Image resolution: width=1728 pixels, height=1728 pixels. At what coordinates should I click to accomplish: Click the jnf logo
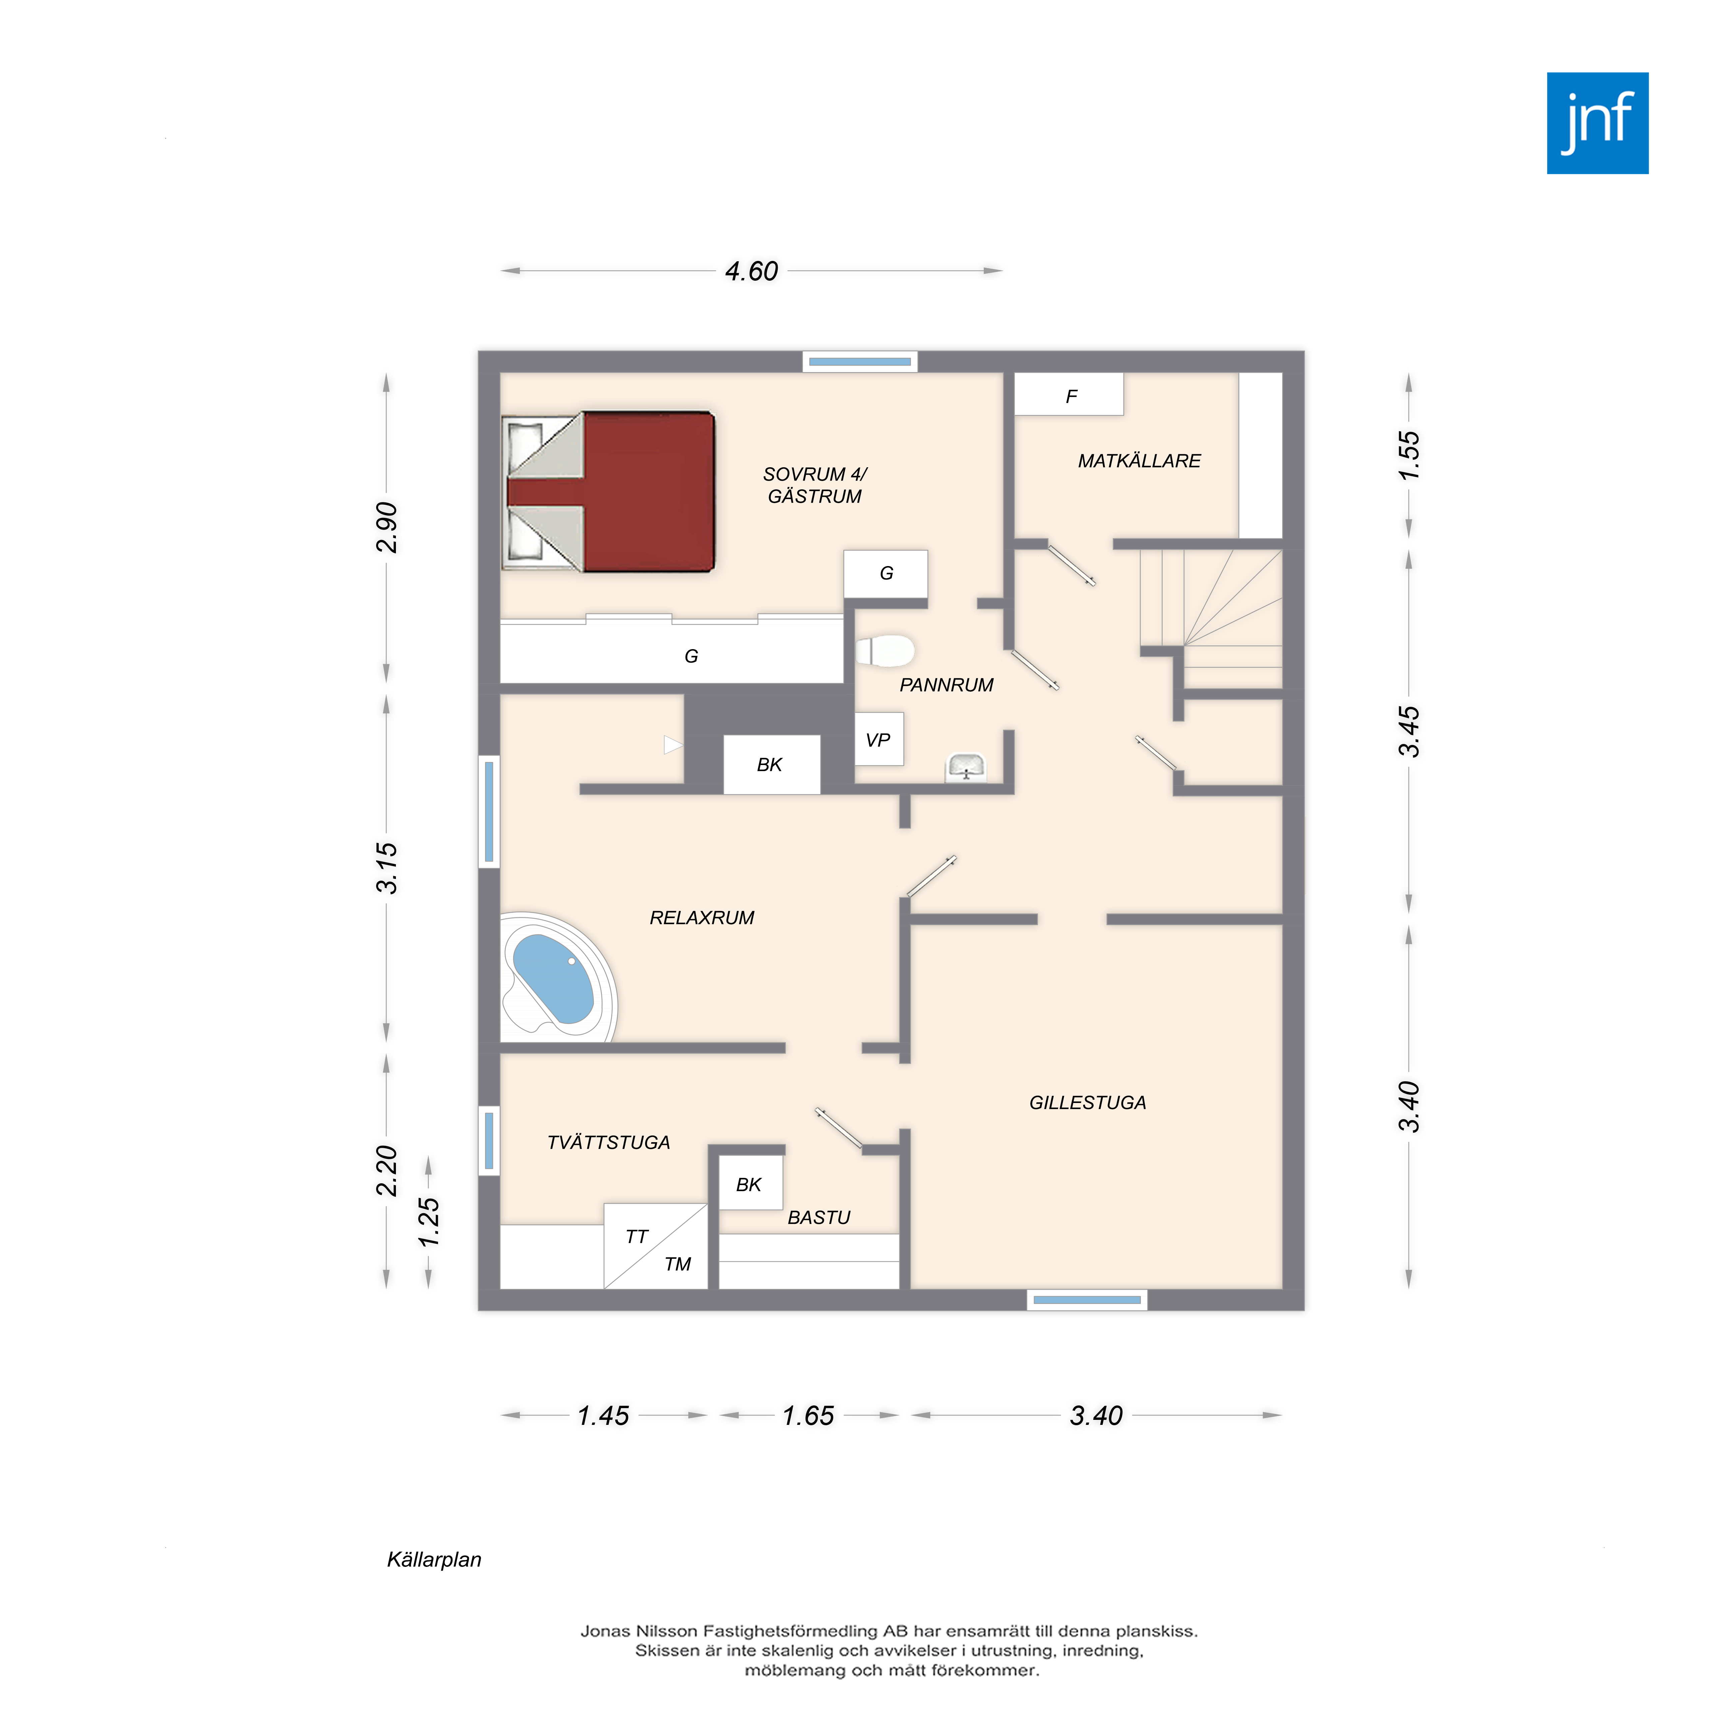(1597, 123)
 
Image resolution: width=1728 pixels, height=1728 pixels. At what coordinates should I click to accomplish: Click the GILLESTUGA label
(1088, 1103)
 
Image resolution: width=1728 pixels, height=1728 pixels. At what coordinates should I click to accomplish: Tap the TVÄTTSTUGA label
(608, 1142)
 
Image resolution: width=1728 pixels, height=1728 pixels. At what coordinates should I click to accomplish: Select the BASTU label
(818, 1217)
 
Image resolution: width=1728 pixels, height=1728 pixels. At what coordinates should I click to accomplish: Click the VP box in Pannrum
(878, 739)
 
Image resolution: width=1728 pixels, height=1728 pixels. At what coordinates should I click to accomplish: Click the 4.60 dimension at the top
(751, 271)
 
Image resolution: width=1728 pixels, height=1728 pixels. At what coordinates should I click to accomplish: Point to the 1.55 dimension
(1409, 455)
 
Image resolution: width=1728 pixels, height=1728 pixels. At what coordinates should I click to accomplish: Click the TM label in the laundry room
(677, 1264)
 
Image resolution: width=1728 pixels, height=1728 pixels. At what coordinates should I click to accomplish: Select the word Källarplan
(434, 1560)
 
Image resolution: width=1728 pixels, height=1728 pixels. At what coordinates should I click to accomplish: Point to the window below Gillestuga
(1087, 1300)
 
